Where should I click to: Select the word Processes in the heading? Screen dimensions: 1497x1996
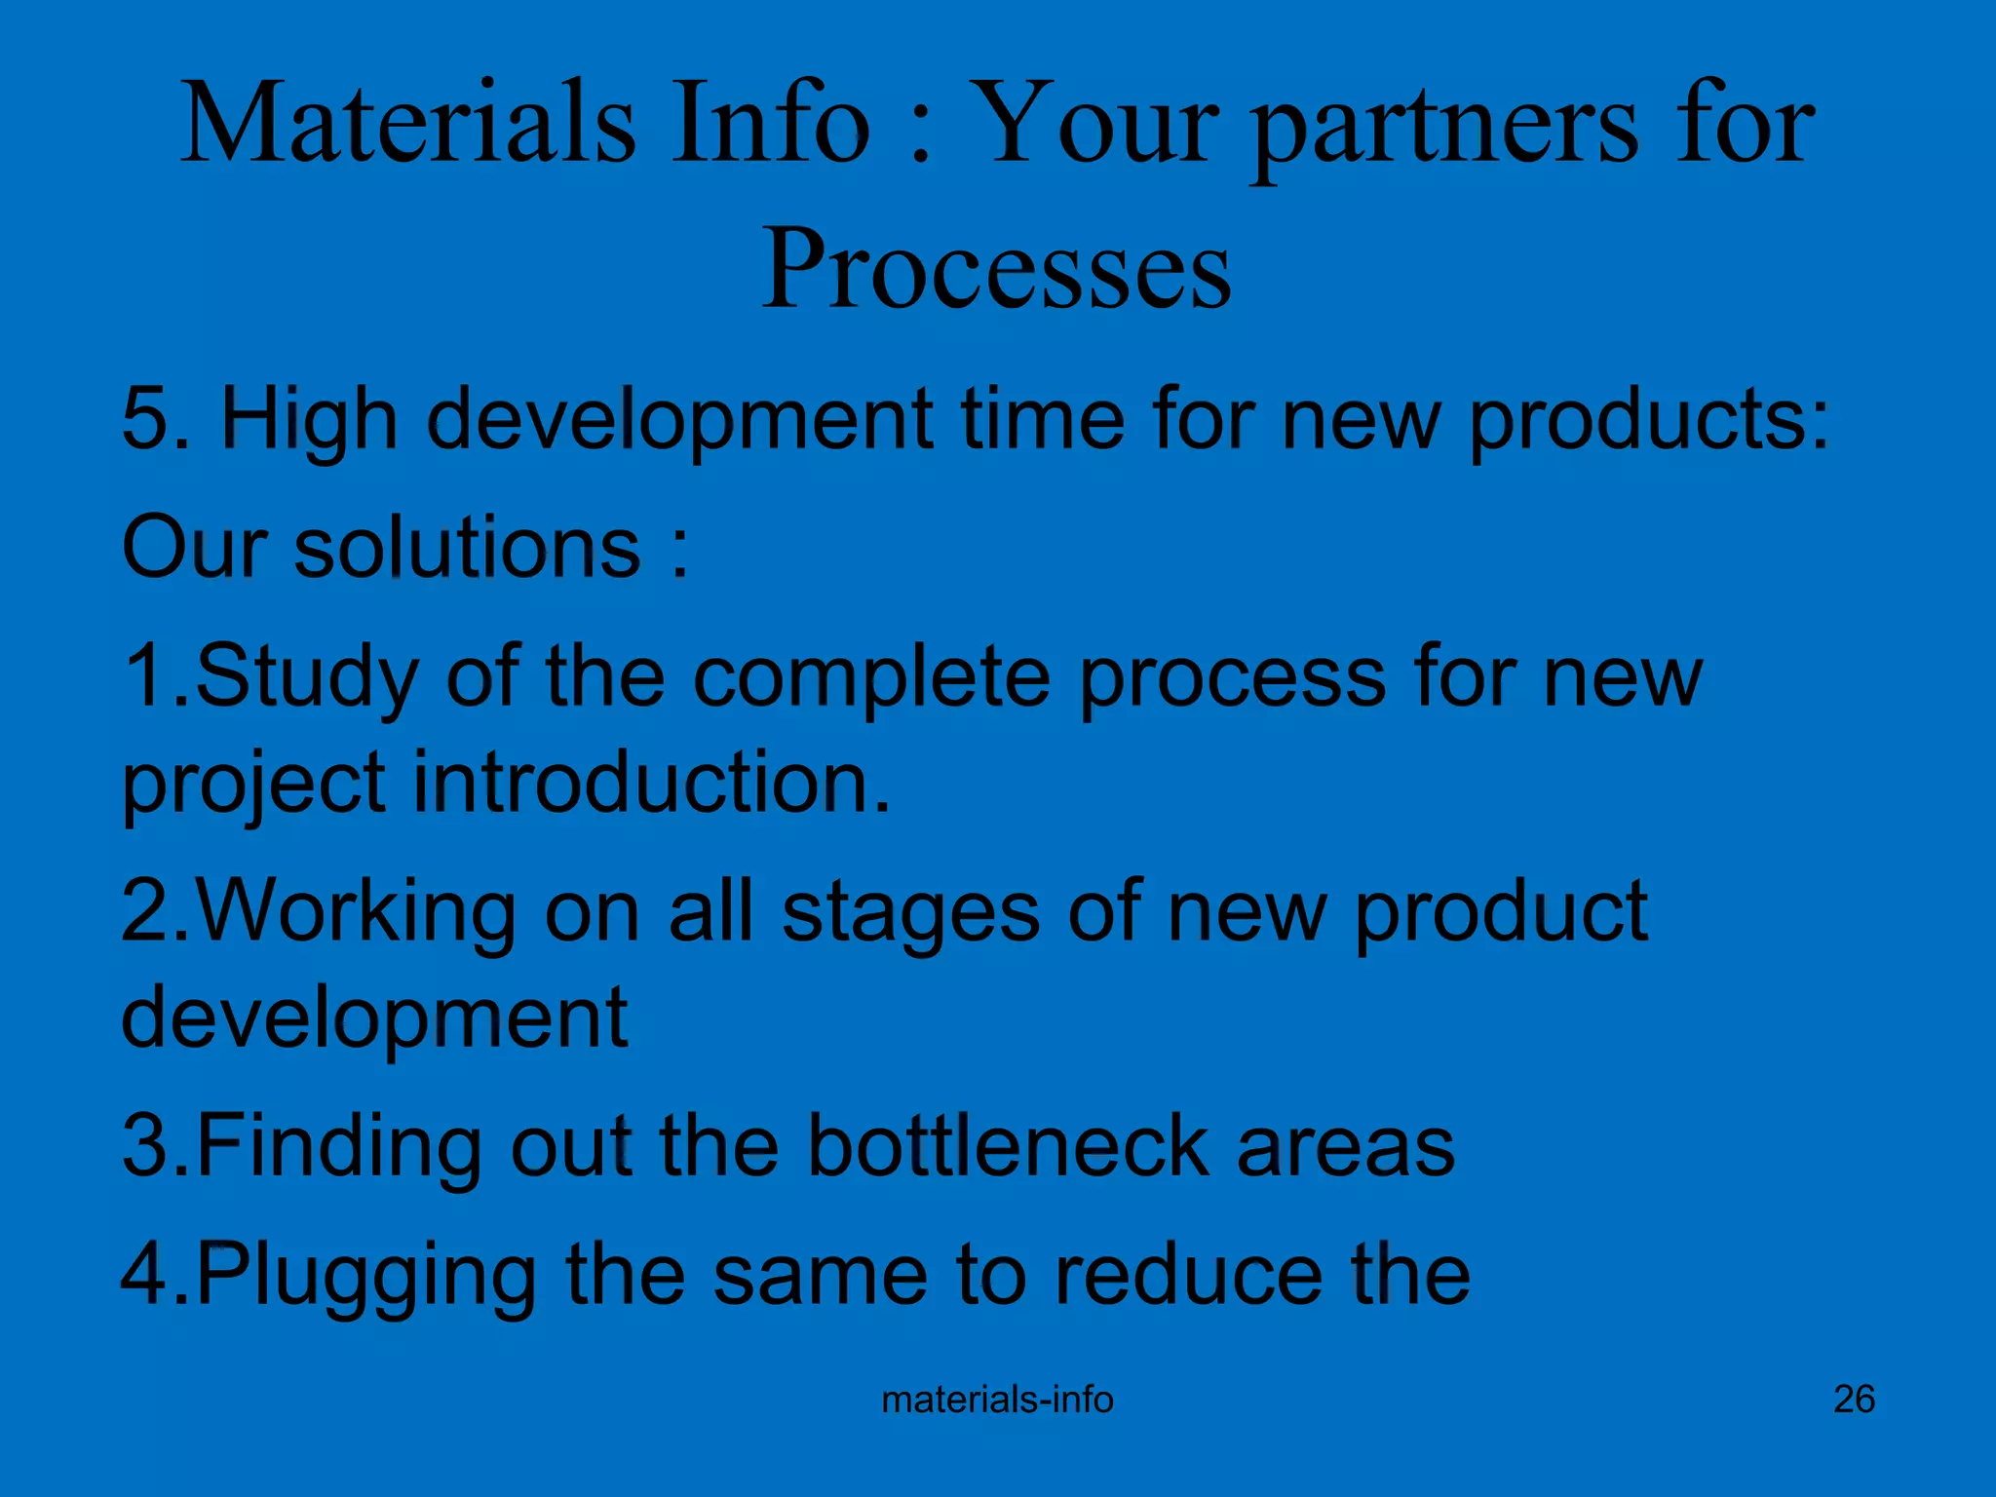click(996, 268)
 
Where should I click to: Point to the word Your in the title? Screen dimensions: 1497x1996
click(1095, 125)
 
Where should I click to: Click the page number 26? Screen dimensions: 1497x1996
click(1854, 1400)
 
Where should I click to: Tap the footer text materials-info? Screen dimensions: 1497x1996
click(997, 1400)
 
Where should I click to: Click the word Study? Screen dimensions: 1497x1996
click(306, 678)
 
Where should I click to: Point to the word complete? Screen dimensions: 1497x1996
click(871, 678)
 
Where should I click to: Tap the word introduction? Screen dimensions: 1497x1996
click(651, 782)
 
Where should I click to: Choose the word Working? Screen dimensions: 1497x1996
click(357, 912)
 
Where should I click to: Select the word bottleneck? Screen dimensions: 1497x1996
click(1008, 1146)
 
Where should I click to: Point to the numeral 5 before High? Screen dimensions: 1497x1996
click(144, 419)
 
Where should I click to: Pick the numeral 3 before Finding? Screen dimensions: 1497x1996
click(144, 1146)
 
